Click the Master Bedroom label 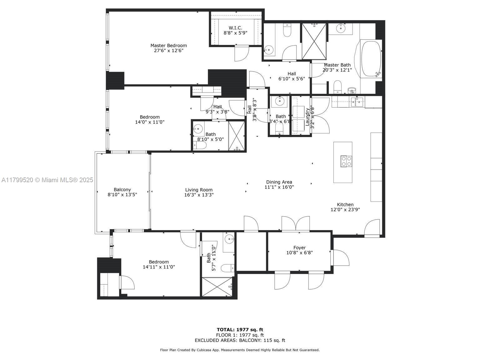pos(168,45)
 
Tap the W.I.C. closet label pos(235,28)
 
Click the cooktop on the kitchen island pos(346,161)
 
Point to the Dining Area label pos(279,182)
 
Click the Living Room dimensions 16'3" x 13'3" pos(199,195)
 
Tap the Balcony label pos(122,189)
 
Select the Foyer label pos(299,247)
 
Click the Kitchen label pos(345,204)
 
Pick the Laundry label pos(307,117)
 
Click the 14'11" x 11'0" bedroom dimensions pos(159,267)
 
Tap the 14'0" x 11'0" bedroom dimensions pos(150,122)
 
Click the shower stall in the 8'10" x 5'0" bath pos(237,136)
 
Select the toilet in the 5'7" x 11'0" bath pos(227,268)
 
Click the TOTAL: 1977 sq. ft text pos(240,329)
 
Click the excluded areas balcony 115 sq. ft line pos(240,340)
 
